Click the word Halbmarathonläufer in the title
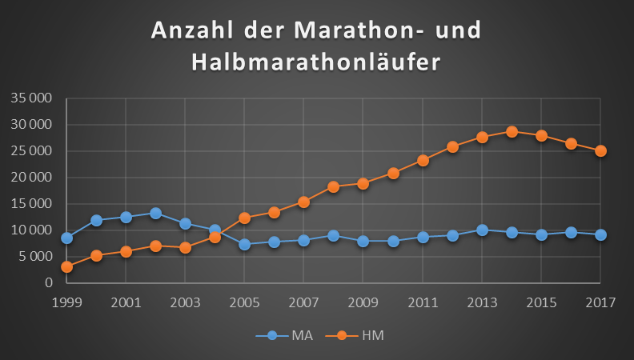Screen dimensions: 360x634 [x=316, y=62]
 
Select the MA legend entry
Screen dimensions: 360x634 [x=291, y=336]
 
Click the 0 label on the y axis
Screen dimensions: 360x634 [x=48, y=283]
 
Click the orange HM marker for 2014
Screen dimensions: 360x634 [x=512, y=131]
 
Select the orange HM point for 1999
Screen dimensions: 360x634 [x=66, y=266]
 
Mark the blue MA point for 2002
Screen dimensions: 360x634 [x=155, y=214]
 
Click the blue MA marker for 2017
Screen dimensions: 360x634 [x=600, y=234]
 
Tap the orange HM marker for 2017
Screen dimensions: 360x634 [x=600, y=150]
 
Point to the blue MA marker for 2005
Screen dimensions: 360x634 [x=244, y=244]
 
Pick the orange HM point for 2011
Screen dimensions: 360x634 [x=423, y=160]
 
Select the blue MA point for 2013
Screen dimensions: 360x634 [x=482, y=230]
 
